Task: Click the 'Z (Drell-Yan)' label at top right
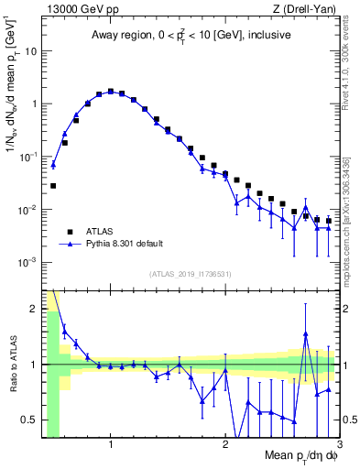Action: pos(307,8)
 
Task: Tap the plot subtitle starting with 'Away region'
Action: pos(191,36)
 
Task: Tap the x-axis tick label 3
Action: pos(338,445)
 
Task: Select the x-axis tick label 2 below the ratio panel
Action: pos(225,445)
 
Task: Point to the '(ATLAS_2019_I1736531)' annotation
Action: pos(191,274)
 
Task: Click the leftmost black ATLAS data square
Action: pos(53,186)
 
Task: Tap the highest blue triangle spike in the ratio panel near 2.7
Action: pos(306,334)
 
